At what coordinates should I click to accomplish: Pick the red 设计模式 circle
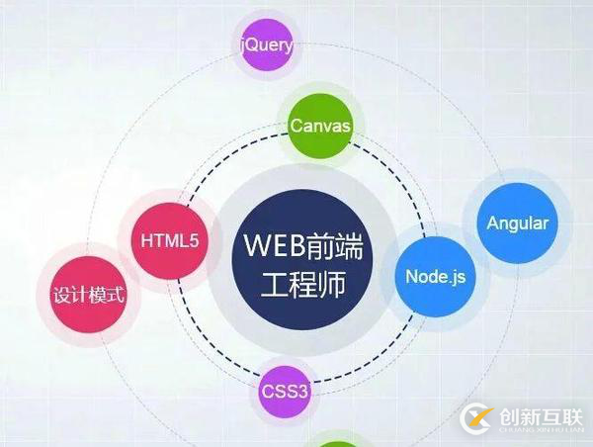click(90, 294)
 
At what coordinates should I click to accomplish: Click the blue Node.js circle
click(435, 276)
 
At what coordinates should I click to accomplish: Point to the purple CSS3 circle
click(286, 392)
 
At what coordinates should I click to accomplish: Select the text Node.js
click(435, 276)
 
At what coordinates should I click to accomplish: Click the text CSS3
click(286, 392)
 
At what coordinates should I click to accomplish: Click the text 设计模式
click(90, 294)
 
